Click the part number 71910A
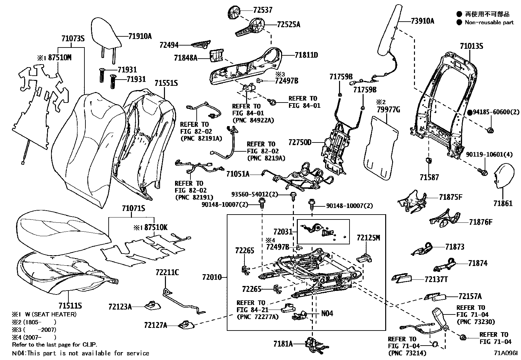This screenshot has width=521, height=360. [x=140, y=36]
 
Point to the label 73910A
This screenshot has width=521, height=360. [x=422, y=21]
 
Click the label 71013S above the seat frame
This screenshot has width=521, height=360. [x=471, y=46]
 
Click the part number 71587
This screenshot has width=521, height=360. [x=429, y=177]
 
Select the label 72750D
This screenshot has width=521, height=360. [x=300, y=142]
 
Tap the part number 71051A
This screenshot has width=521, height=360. [x=238, y=174]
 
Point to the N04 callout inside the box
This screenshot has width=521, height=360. [x=327, y=313]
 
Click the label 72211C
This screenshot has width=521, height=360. [x=167, y=273]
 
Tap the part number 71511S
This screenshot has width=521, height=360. [x=70, y=306]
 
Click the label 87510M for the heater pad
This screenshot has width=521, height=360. [x=60, y=58]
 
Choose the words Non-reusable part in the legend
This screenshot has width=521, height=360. [x=489, y=23]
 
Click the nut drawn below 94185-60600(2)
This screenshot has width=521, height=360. [x=490, y=130]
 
